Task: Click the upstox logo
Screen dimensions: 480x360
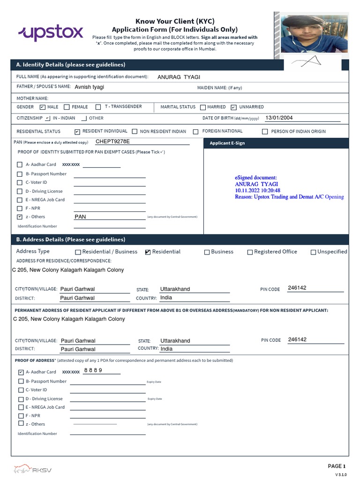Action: point(51,33)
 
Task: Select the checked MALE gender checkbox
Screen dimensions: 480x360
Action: point(43,107)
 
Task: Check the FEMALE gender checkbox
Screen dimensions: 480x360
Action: point(67,107)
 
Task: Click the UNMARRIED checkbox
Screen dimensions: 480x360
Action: point(234,107)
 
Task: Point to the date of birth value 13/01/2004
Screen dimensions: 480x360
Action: point(279,118)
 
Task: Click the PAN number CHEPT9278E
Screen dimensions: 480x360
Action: point(112,141)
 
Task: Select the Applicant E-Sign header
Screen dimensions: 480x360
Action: point(227,143)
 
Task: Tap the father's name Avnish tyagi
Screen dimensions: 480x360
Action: point(90,87)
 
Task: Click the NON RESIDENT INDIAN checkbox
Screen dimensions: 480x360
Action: point(135,132)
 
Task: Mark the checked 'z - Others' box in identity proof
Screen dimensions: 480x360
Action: point(19,217)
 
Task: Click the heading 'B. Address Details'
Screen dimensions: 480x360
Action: point(71,240)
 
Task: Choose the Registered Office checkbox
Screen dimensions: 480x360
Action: point(250,252)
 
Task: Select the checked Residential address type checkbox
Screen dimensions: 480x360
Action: point(148,252)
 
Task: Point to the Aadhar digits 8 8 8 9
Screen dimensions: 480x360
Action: point(93,370)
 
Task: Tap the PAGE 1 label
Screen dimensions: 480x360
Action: point(336,466)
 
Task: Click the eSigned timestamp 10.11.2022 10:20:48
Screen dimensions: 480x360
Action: point(257,191)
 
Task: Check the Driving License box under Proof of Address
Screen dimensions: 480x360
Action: point(21,399)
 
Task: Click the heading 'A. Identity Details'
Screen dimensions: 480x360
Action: point(70,65)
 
